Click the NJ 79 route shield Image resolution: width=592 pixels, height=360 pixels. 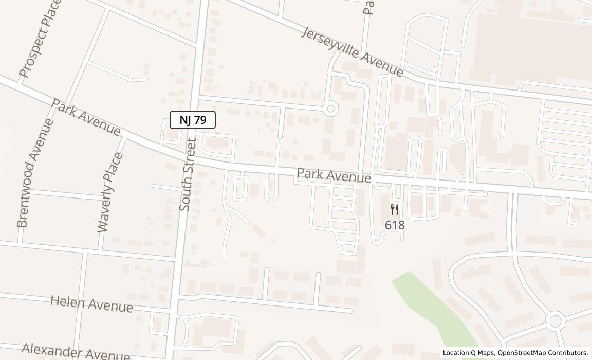pos(193,120)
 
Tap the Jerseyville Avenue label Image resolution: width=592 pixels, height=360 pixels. pos(352,52)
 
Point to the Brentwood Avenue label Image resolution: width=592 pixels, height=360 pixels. pos(35,173)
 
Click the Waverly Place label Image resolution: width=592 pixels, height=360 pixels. pos(110,192)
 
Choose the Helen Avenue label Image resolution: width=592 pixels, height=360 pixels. pos(91,303)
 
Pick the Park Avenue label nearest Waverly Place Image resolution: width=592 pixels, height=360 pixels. pos(86,118)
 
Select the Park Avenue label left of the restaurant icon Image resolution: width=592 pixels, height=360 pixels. pos(334,175)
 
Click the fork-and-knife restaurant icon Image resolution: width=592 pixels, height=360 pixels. pos(395,210)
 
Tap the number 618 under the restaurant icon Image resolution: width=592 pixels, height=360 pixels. pos(395,225)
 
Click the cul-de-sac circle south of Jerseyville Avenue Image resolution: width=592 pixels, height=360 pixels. pos(330,109)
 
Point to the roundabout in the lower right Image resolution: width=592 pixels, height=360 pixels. pos(554,321)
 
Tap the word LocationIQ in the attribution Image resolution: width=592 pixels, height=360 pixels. pos(459,353)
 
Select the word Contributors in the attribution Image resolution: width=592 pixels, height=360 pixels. pos(569,353)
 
